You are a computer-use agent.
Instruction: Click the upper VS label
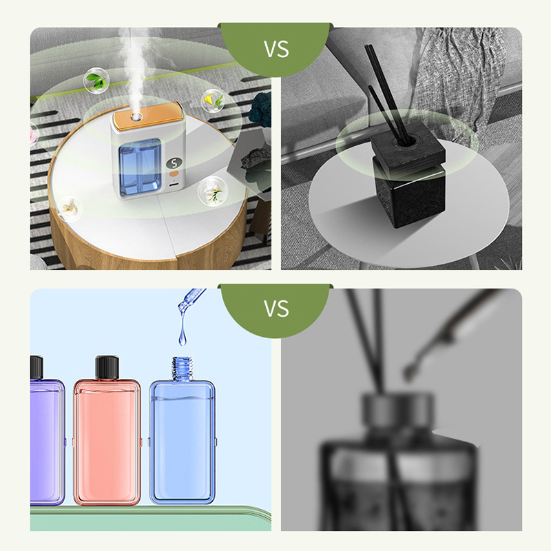tap(277, 49)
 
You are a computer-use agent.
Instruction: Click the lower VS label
tap(277, 309)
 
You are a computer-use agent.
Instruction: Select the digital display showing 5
tap(174, 163)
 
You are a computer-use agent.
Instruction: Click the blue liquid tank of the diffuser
tap(141, 167)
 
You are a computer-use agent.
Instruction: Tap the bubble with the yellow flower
tap(213, 101)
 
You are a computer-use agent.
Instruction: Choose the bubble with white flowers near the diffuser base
tap(213, 191)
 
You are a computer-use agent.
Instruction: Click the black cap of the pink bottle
tap(107, 368)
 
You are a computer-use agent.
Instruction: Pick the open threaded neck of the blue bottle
tap(182, 368)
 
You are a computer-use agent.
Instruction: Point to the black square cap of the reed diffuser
tap(408, 145)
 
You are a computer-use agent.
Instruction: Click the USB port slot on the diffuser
tap(174, 185)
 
